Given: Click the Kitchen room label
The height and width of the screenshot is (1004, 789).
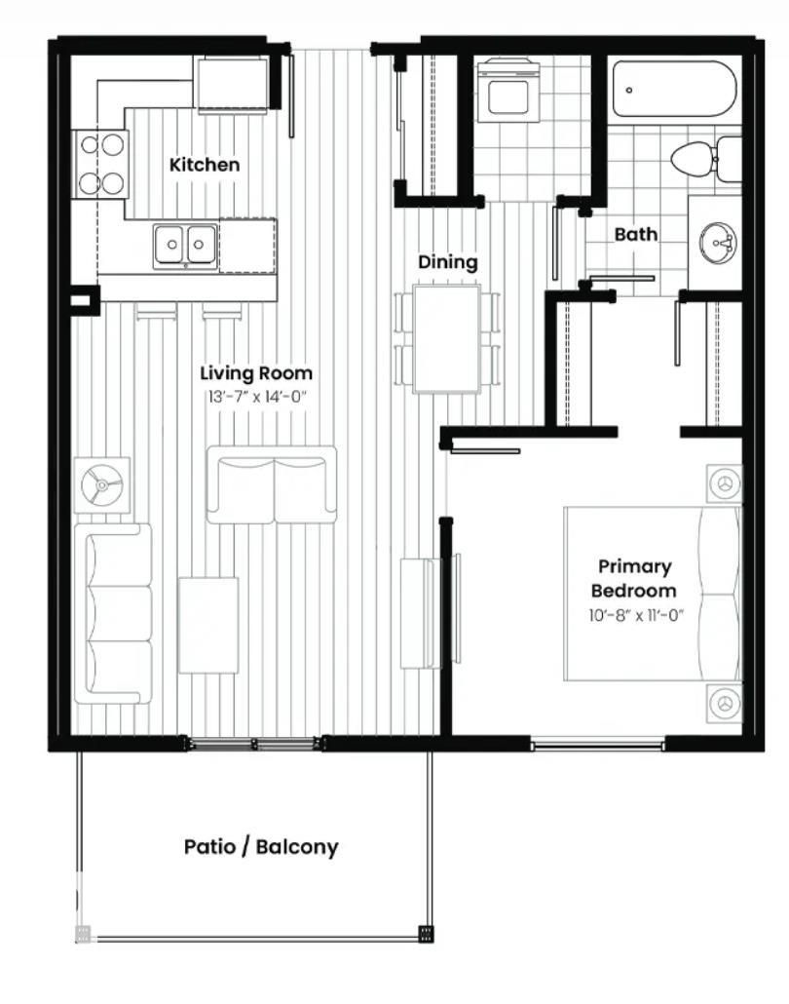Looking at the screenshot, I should (204, 165).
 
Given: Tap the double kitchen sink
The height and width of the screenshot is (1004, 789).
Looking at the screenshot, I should (185, 244).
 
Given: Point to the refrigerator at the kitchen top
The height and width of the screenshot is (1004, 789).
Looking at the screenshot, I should (232, 84).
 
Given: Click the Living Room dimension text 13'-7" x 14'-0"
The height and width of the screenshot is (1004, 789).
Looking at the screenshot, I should (256, 397).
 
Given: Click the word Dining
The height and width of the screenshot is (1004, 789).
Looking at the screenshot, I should (448, 262).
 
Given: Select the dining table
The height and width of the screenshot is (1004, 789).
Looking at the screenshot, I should (447, 338).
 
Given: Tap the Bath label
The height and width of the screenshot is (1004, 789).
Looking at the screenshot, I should (635, 234).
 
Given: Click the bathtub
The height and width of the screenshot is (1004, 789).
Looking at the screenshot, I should (674, 90).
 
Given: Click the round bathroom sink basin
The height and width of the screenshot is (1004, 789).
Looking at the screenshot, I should (721, 241).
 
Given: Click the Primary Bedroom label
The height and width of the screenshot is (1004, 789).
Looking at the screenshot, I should (634, 578).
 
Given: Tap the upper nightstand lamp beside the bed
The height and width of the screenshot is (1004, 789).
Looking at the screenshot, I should (724, 483).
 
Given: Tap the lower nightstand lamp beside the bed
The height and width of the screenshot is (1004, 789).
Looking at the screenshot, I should (724, 702).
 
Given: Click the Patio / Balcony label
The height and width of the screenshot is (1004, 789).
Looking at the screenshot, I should (261, 846).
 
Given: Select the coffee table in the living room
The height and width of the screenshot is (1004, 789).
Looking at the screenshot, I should (208, 625).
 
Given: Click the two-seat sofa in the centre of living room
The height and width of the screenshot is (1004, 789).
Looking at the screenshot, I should (272, 485).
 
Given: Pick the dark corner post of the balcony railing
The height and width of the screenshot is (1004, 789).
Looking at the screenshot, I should (426, 934).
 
